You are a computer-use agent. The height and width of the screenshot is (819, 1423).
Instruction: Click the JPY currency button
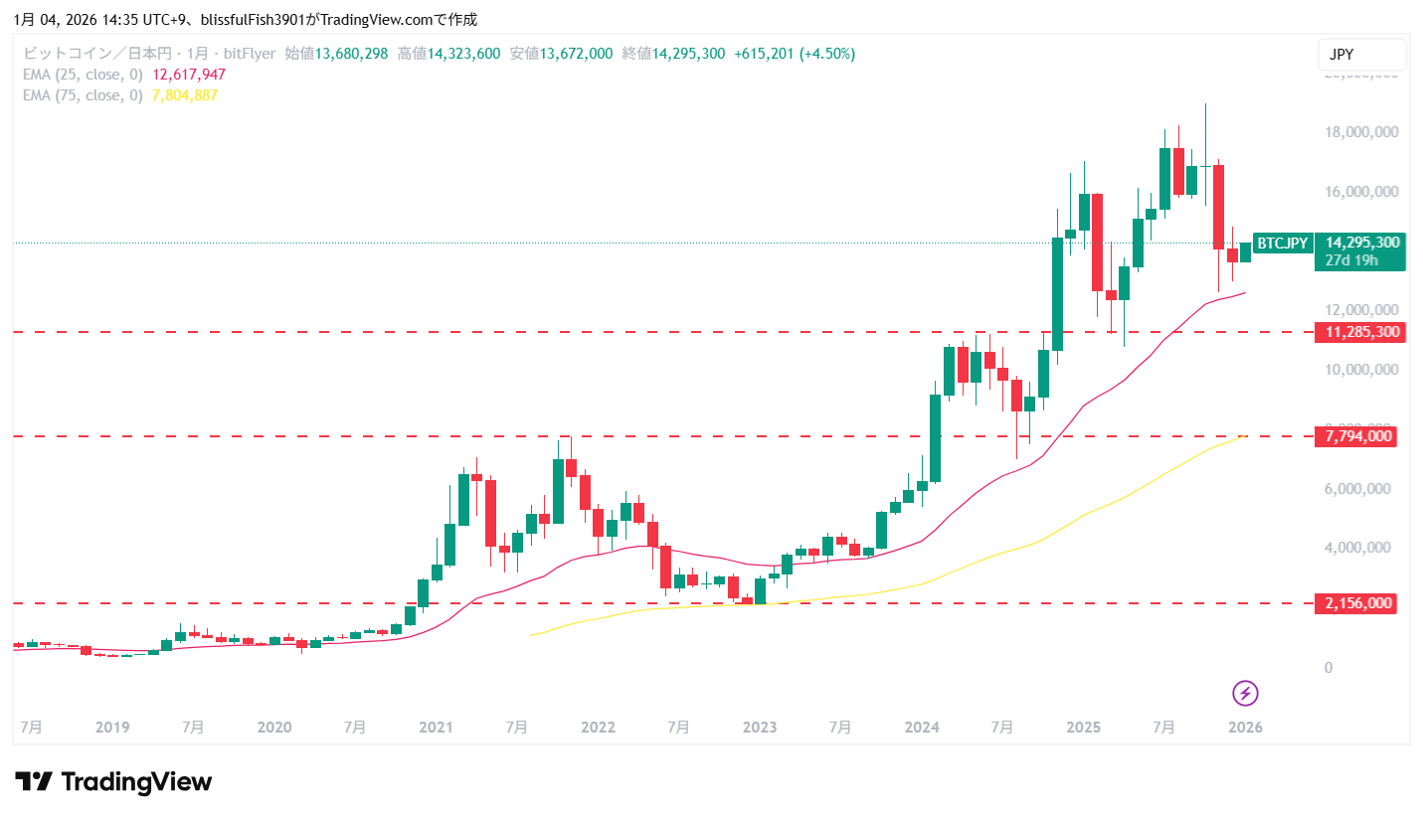point(1361,55)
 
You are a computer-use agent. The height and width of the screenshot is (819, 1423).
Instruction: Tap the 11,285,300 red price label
point(1359,332)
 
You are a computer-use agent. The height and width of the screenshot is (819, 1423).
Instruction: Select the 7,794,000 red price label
point(1359,436)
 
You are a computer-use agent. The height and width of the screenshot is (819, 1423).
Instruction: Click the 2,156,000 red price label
point(1359,603)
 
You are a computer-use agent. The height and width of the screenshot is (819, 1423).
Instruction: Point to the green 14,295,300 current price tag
point(1363,243)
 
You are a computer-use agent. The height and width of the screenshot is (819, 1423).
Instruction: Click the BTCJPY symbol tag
point(1283,243)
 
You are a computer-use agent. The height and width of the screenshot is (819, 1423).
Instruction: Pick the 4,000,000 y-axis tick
point(1362,548)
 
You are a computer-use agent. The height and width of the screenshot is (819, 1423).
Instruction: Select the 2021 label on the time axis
point(437,727)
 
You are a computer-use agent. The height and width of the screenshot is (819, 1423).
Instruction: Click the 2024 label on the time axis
point(922,727)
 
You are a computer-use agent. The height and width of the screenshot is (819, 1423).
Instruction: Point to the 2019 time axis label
point(112,727)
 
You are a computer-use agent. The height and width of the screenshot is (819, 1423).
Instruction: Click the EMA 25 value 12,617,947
point(188,75)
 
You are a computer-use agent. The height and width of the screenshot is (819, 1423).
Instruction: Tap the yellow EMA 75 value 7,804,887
point(184,95)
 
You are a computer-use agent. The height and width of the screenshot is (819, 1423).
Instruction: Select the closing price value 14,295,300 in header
point(688,54)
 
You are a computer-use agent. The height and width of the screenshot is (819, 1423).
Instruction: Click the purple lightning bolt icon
point(1245,693)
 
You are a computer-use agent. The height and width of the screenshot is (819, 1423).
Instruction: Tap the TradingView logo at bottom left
point(112,782)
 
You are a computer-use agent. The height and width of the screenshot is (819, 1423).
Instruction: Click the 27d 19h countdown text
point(1352,260)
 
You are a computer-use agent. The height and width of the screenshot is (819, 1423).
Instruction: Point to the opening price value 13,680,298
point(351,54)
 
